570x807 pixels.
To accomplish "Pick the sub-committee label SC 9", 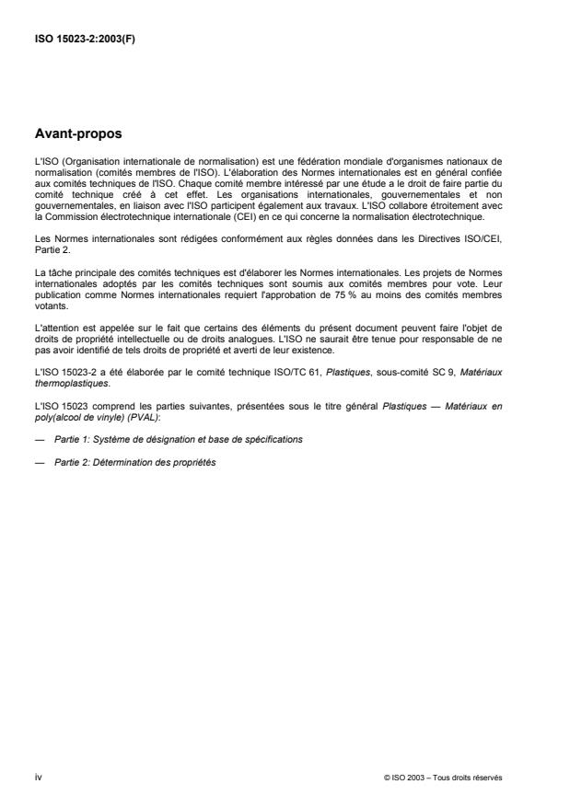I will tap(459, 371).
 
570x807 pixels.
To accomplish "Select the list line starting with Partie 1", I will tap(176, 439).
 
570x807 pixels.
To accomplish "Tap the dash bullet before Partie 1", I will tap(38, 439).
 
